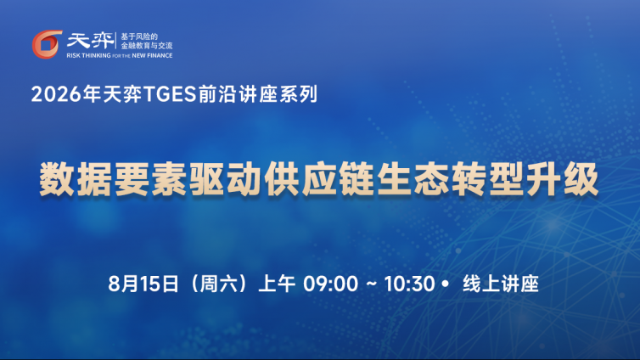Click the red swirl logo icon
(x=47, y=44)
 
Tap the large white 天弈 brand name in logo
(x=91, y=41)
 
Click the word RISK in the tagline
(x=74, y=55)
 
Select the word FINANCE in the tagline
(x=160, y=55)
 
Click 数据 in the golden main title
(x=76, y=179)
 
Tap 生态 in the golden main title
(x=413, y=179)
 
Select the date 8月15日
(x=143, y=284)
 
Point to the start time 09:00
(x=330, y=284)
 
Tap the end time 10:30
(x=409, y=284)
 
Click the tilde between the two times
(x=372, y=284)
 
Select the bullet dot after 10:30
(x=446, y=284)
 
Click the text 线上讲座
(x=501, y=284)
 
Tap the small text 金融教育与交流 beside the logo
(x=147, y=46)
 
